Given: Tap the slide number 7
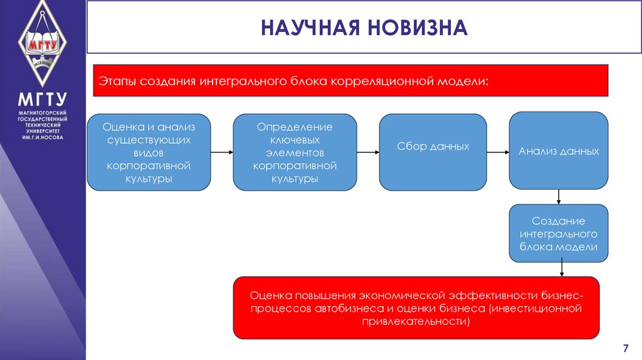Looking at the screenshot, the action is click(x=624, y=348).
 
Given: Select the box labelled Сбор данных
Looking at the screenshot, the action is click(x=433, y=152).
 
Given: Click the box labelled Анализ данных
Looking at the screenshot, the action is click(x=558, y=151).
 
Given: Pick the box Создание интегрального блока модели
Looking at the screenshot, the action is click(x=558, y=234).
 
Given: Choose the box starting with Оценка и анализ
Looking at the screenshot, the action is click(x=149, y=152).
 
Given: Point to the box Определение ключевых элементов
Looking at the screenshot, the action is click(x=295, y=152).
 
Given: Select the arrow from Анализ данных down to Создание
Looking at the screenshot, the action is click(x=558, y=196).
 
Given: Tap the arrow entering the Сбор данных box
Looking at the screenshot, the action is click(x=368, y=152).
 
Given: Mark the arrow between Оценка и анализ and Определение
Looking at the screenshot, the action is click(x=222, y=152).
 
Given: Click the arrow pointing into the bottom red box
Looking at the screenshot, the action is click(x=562, y=268).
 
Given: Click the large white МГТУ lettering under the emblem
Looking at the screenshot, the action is click(x=43, y=100).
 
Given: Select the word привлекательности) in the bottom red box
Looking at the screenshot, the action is click(x=416, y=321).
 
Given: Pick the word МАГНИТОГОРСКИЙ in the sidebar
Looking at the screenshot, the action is click(x=43, y=112).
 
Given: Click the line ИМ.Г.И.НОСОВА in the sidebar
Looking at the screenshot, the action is click(x=43, y=137).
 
